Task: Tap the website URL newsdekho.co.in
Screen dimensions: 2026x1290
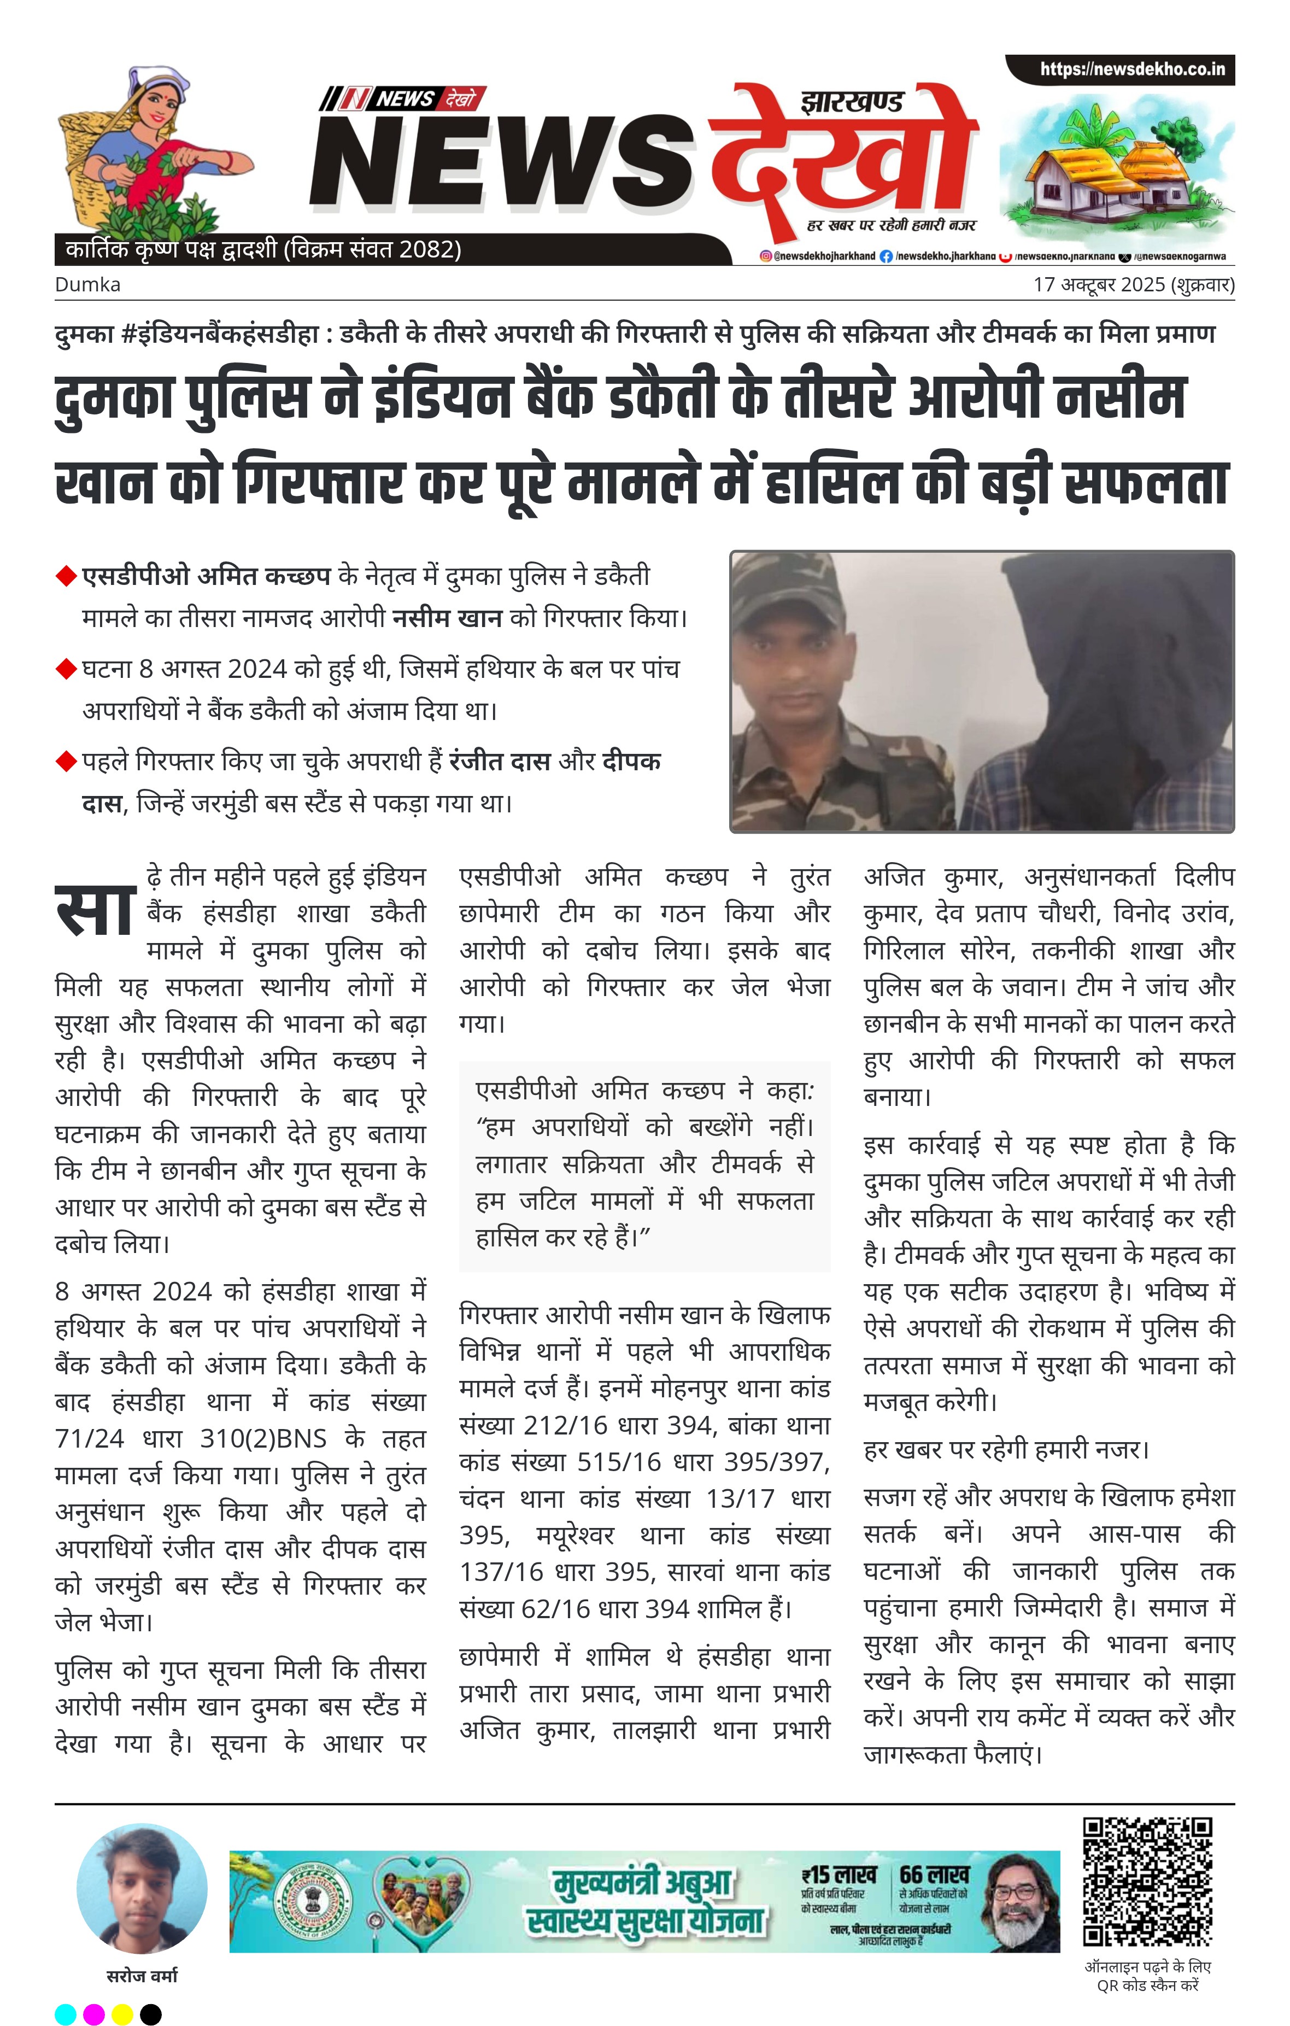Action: tap(1132, 69)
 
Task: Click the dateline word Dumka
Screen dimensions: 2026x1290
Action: tap(87, 284)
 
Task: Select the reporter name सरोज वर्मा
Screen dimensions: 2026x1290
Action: tap(142, 1976)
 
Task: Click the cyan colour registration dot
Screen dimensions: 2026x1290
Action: tap(65, 2014)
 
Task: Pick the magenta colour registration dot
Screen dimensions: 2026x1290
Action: tap(93, 2014)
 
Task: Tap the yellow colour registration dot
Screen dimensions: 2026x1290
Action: tap(122, 2014)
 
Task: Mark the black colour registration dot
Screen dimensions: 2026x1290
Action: tap(151, 2014)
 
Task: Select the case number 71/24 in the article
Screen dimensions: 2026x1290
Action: tap(89, 1439)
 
